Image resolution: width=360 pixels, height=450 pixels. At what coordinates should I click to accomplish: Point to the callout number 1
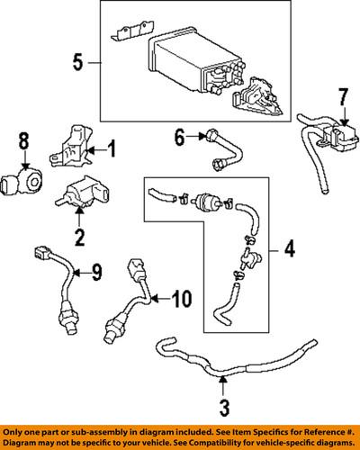click(112, 148)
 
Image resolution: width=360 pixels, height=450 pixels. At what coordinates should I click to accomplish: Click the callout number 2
click(79, 238)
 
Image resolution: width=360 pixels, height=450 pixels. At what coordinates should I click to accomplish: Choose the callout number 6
click(178, 137)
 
